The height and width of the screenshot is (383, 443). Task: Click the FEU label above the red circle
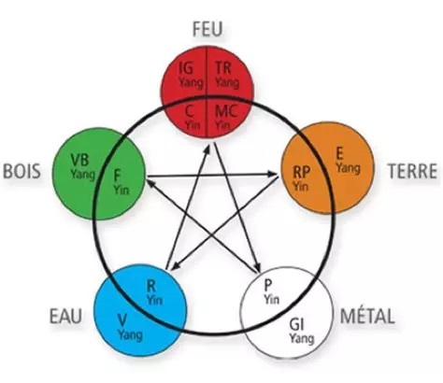pyautogui.click(x=207, y=29)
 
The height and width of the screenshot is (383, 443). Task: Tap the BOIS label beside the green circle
pyautogui.click(x=21, y=171)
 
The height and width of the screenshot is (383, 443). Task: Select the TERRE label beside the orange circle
pyautogui.click(x=412, y=171)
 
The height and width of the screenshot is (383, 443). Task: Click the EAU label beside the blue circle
pyautogui.click(x=65, y=316)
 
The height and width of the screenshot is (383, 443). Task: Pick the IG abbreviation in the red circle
pyautogui.click(x=186, y=68)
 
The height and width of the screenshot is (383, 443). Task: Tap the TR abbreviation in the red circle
pyautogui.click(x=223, y=68)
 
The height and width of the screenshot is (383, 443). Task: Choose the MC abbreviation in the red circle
pyautogui.click(x=226, y=111)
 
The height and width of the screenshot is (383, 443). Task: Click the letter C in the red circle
pyautogui.click(x=189, y=111)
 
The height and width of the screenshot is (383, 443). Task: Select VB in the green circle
pyautogui.click(x=79, y=161)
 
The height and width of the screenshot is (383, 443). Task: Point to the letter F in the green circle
pyautogui.click(x=117, y=177)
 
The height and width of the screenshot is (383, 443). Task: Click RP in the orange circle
pyautogui.click(x=302, y=172)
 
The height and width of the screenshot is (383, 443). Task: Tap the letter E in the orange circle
pyautogui.click(x=339, y=154)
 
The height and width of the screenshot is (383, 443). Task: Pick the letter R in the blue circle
pyautogui.click(x=150, y=287)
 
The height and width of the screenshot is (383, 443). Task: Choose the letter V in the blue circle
pyautogui.click(x=122, y=319)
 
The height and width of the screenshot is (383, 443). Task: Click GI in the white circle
pyautogui.click(x=296, y=325)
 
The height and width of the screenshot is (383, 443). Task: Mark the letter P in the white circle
pyautogui.click(x=267, y=284)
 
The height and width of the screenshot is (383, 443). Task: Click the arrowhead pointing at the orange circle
pyautogui.click(x=274, y=175)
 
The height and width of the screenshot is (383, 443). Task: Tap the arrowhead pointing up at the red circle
pyautogui.click(x=207, y=150)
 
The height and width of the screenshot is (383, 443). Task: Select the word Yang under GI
pyautogui.click(x=301, y=338)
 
